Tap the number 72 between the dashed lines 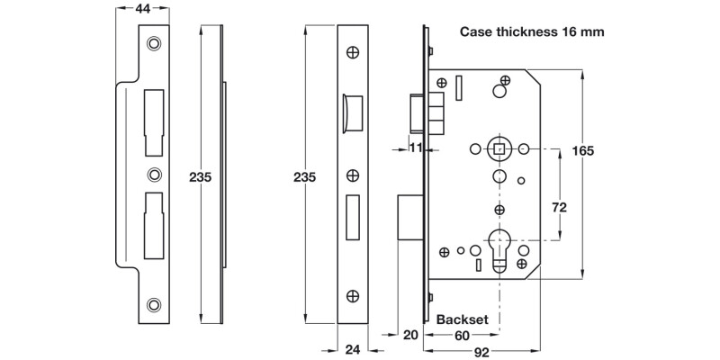coord(559,208)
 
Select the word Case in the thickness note coord(478,31)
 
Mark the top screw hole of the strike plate coord(154,42)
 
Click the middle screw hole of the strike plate coord(154,175)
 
